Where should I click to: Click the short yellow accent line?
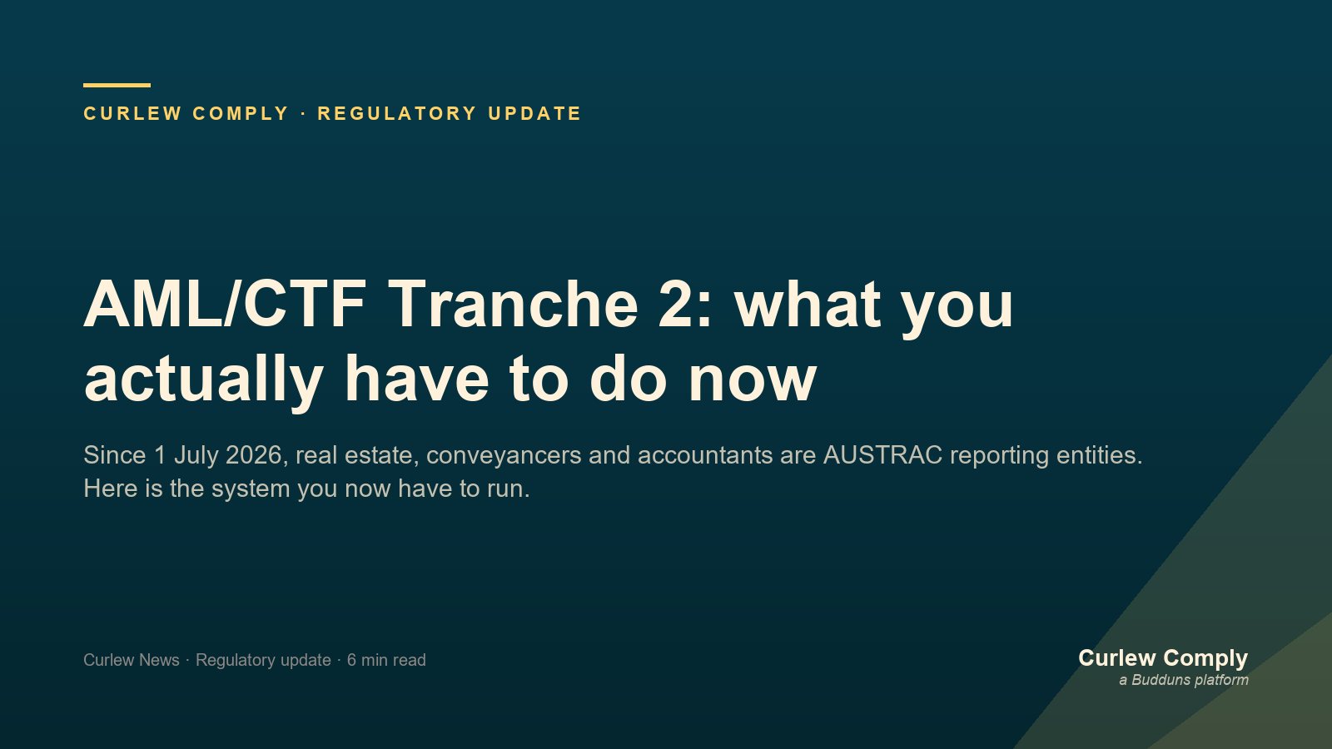(117, 86)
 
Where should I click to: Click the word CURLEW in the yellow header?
(132, 113)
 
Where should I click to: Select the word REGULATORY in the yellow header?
(397, 113)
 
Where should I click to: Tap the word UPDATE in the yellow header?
(534, 113)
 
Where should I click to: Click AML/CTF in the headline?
(225, 304)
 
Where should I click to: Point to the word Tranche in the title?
(515, 304)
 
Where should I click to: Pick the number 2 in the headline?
(676, 304)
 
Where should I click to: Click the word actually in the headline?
(204, 379)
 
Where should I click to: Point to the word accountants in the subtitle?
(704, 455)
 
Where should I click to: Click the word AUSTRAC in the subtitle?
(882, 455)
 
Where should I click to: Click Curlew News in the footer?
(132, 660)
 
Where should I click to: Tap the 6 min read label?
(386, 660)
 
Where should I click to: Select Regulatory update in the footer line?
(263, 661)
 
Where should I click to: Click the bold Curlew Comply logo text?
(1163, 658)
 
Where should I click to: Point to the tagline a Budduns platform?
(1184, 680)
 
